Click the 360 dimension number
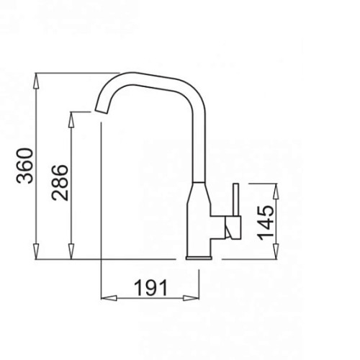click(24, 166)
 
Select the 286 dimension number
click(60, 182)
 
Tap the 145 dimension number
click(265, 223)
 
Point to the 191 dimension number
click(151, 288)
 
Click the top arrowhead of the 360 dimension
click(36, 81)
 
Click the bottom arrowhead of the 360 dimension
click(36, 251)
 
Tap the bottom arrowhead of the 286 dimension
click(71, 251)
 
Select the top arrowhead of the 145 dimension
click(276, 192)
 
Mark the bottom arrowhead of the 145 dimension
click(276, 251)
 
